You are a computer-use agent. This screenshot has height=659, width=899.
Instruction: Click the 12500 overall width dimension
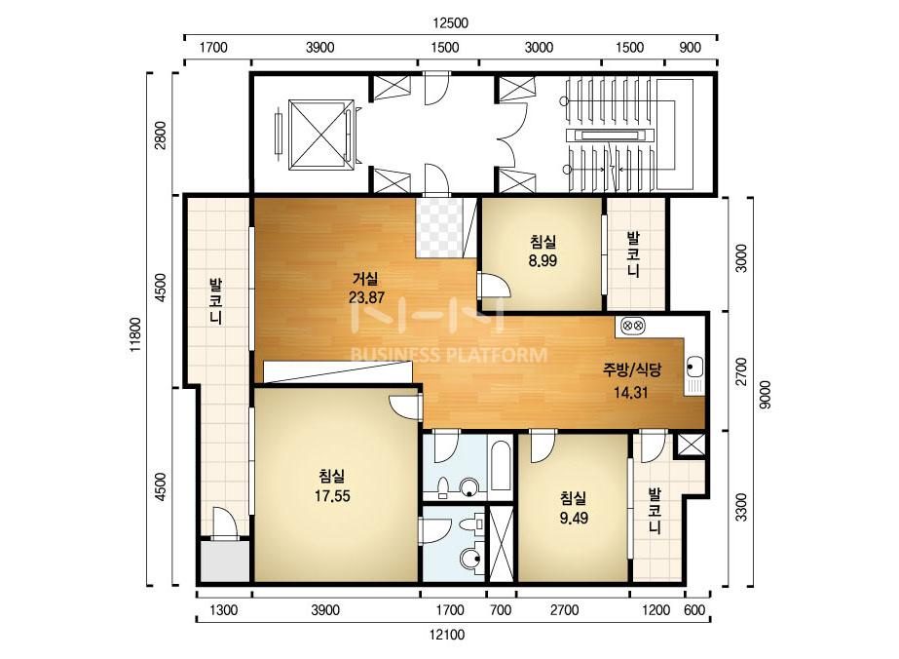[x=450, y=23]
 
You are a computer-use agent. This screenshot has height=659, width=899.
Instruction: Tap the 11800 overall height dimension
[x=135, y=334]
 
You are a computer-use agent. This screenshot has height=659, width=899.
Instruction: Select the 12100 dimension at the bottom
[x=446, y=635]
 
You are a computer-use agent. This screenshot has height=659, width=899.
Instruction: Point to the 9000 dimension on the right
[x=765, y=395]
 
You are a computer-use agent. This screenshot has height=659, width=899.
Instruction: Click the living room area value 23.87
[x=366, y=298]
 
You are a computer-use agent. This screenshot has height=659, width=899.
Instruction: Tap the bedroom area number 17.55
[x=332, y=496]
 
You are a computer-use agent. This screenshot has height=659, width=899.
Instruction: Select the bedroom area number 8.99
[x=543, y=260]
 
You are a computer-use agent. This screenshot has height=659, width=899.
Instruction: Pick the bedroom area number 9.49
[x=574, y=518]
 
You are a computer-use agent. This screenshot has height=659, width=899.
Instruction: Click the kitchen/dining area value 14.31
[x=631, y=393]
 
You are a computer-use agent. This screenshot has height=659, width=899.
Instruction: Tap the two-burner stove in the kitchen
[x=632, y=326]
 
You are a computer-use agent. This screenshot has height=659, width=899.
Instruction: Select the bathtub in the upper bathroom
[x=501, y=466]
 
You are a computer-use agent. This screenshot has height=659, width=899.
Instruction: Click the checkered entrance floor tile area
[x=439, y=227]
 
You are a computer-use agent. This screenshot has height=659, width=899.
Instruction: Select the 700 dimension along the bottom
[x=501, y=610]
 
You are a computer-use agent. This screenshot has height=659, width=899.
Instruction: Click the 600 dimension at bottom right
[x=694, y=610]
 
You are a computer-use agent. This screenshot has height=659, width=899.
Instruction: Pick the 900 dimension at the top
[x=690, y=48]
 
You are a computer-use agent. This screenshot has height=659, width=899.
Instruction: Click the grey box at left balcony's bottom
[x=224, y=561]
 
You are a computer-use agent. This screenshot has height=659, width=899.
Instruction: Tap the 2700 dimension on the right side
[x=741, y=371]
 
